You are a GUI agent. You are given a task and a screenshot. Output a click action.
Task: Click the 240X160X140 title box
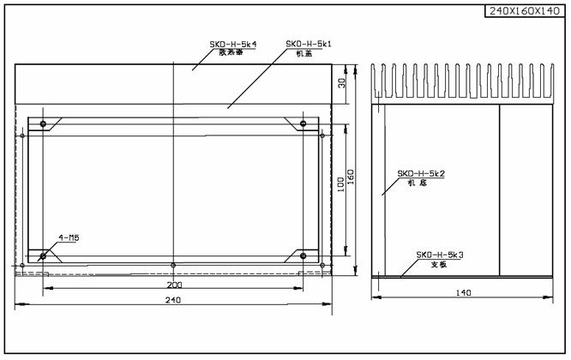click(525, 11)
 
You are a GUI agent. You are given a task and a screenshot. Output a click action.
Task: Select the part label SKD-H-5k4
click(233, 44)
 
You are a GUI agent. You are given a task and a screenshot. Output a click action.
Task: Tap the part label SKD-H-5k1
click(309, 43)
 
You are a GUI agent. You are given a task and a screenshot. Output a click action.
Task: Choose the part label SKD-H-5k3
click(440, 255)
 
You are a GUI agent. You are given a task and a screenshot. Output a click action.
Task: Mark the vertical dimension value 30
click(341, 83)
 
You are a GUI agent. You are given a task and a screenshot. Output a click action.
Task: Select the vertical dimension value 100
click(341, 185)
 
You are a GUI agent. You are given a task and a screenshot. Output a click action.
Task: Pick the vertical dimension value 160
click(352, 175)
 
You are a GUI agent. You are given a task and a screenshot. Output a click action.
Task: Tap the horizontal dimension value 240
click(172, 300)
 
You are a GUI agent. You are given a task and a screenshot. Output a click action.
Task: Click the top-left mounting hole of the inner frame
click(43, 125)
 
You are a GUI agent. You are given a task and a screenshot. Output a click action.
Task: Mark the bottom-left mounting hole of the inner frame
click(43, 255)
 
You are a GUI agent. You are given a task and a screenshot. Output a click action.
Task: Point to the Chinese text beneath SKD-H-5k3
click(438, 264)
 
